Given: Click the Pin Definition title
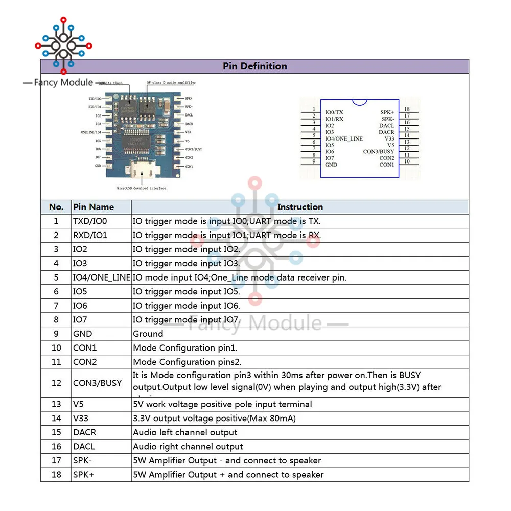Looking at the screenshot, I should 254,66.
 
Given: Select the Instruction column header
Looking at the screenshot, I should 300,207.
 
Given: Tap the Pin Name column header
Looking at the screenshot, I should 94,207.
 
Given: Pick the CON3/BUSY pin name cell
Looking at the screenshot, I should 97,383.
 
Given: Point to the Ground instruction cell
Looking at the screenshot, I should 148,334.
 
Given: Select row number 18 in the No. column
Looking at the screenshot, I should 56,474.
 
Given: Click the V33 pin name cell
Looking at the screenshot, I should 81,418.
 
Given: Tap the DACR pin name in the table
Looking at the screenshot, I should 84,432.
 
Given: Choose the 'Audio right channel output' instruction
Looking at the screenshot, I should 188,446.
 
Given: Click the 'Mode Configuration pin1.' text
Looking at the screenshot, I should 185,348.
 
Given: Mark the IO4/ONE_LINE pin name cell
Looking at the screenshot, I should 102,277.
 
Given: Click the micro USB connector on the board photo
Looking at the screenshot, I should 139,168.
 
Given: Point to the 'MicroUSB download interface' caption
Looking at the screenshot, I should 142,188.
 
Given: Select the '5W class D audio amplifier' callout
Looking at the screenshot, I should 171,82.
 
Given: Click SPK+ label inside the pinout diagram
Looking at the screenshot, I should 387,112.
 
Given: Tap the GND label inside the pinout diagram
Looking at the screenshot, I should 331,165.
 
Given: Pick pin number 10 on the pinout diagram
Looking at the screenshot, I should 407,162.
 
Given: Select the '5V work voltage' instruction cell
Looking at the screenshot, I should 222,404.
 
